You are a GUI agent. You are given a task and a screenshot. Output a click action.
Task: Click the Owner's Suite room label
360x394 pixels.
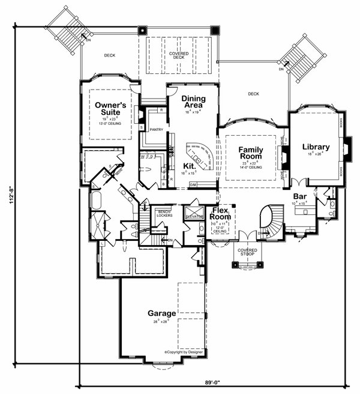click(x=109, y=108)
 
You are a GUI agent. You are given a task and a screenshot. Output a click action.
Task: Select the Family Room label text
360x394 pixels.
click(x=252, y=152)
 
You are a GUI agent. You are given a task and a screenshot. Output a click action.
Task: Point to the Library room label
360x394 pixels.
click(x=316, y=147)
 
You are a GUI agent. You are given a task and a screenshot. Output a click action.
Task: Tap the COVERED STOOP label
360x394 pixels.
click(x=247, y=252)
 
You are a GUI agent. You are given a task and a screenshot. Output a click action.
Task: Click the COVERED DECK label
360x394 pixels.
click(x=178, y=56)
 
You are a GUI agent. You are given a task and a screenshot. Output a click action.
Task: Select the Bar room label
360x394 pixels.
click(x=301, y=196)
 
